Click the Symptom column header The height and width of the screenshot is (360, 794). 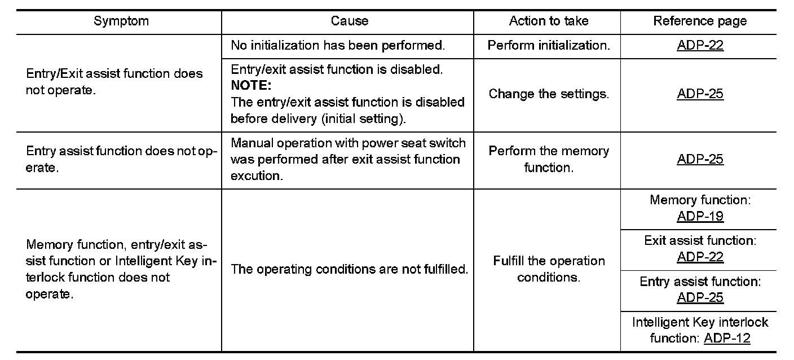click(121, 21)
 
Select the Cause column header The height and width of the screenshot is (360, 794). click(349, 21)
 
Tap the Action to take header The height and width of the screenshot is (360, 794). click(548, 21)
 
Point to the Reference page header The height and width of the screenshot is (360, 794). click(700, 21)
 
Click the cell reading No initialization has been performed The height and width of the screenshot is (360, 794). click(338, 46)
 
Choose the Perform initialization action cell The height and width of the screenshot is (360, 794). click(548, 46)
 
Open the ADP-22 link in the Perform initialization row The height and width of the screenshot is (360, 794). click(700, 46)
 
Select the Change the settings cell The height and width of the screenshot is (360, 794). click(548, 94)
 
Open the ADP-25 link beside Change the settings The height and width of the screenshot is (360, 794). click(700, 94)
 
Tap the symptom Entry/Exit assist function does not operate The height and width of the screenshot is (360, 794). click(114, 82)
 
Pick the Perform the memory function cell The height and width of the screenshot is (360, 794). click(548, 159)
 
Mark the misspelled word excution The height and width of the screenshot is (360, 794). click(255, 175)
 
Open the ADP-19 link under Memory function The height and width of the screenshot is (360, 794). click(700, 217)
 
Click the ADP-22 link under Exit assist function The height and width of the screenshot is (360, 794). click(700, 257)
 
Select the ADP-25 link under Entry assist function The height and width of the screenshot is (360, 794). click(700, 298)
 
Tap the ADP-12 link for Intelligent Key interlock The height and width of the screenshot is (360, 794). click(727, 339)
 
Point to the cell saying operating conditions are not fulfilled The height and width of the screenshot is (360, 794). click(349, 270)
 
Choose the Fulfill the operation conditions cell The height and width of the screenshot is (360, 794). click(548, 269)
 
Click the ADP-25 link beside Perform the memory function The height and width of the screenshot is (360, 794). click(700, 159)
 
